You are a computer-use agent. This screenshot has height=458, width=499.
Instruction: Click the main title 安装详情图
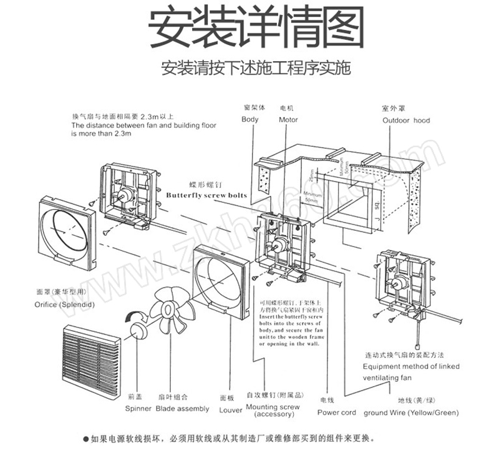pos(256,28)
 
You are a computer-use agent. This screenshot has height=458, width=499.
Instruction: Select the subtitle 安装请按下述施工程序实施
pos(255,67)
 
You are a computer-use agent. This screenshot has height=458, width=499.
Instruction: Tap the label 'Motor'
pos(288,120)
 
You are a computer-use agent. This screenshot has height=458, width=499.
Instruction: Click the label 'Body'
pos(250,120)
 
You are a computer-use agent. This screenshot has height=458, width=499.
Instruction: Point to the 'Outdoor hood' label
pos(406,120)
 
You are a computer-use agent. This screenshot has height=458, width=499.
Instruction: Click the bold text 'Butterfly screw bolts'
pos(206,195)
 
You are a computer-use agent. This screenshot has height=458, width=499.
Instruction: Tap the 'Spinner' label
pos(138,409)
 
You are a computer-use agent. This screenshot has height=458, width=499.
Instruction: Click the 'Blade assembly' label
pos(182,409)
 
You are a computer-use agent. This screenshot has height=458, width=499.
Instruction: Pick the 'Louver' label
pos(231,411)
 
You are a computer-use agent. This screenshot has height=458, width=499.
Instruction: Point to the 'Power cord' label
pos(336,412)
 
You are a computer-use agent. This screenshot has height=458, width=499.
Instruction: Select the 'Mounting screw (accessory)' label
pos(273,411)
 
